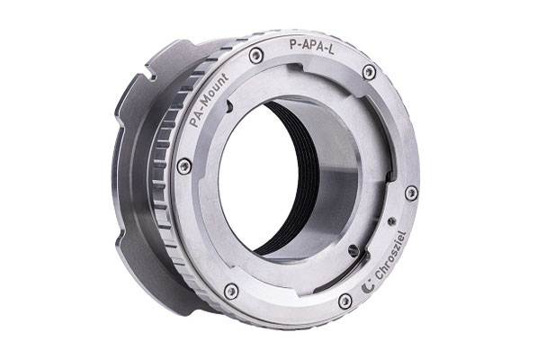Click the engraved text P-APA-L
[x=311, y=45]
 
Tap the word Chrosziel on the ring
[x=391, y=256]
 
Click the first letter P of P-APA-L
[x=293, y=44]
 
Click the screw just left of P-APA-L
[x=255, y=56]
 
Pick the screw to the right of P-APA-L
[x=369, y=72]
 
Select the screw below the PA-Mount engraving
[x=183, y=166]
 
